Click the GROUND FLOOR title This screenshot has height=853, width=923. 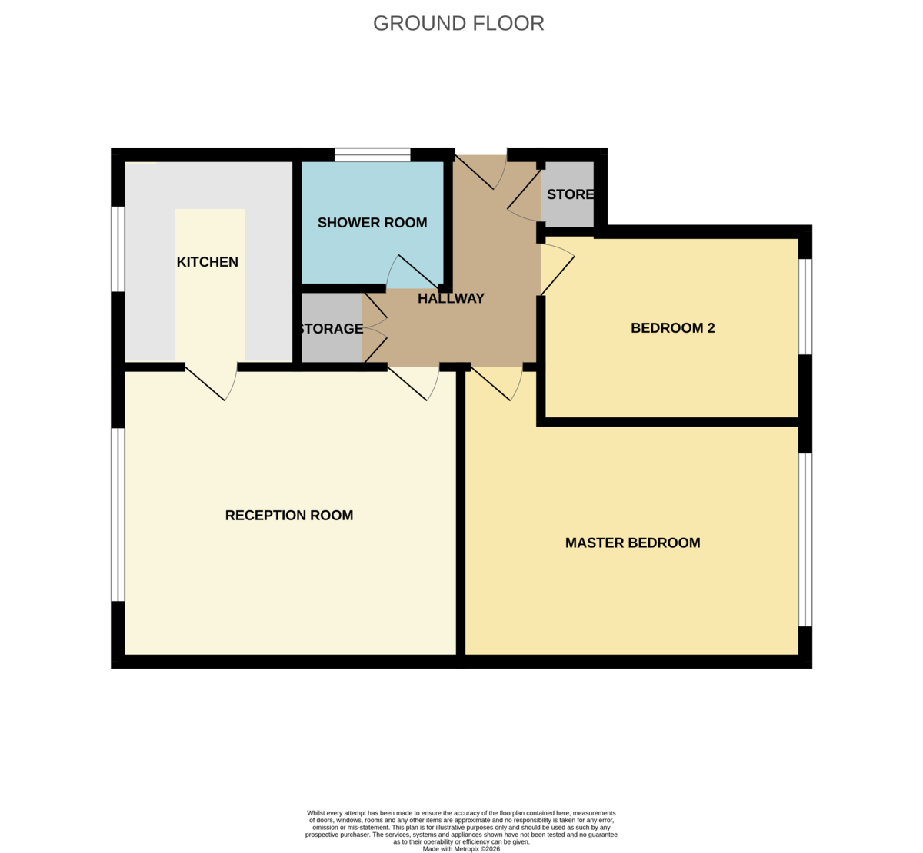pyautogui.click(x=458, y=23)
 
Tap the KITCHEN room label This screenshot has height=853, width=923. pyautogui.click(x=208, y=262)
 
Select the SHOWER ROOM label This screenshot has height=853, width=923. pyautogui.click(x=372, y=223)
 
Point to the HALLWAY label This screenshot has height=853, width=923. pyautogui.click(x=451, y=298)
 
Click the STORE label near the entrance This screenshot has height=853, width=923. pyautogui.click(x=570, y=194)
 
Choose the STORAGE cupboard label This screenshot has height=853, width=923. pyautogui.click(x=331, y=329)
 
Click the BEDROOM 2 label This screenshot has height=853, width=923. pyautogui.click(x=672, y=328)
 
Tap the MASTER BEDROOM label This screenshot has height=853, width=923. pyautogui.click(x=632, y=543)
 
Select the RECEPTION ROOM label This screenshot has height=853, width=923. pyautogui.click(x=289, y=516)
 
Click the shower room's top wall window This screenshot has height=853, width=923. pyautogui.click(x=372, y=155)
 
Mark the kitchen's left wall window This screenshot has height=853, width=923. pyautogui.click(x=118, y=249)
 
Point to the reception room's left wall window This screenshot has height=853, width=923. pyautogui.click(x=118, y=514)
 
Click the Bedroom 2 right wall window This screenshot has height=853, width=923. pyautogui.click(x=805, y=306)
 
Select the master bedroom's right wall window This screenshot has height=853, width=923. pyautogui.click(x=805, y=539)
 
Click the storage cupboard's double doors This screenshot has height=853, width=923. pyautogui.click(x=375, y=328)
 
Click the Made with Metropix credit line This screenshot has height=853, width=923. pyautogui.click(x=461, y=849)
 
